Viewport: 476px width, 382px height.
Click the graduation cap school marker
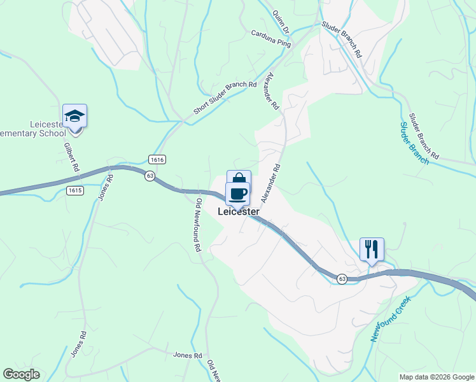coord(74,117)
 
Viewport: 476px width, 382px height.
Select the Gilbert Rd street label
coord(71,156)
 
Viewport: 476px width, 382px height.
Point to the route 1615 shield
coord(74,190)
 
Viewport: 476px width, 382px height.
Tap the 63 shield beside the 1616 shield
coord(150,176)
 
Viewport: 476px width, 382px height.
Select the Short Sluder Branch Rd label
coord(225,98)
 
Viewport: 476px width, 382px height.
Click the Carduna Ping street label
coord(270,39)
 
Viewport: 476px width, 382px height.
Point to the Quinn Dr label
coord(281,21)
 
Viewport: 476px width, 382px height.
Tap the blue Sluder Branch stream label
coord(414,143)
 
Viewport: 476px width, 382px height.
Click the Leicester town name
coord(239,211)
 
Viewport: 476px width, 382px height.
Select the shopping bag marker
coord(239,179)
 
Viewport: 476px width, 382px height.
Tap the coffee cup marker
coord(238,194)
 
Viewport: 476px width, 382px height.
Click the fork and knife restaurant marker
coord(372,248)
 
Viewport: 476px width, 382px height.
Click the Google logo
coord(21,374)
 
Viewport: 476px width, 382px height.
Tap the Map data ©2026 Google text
coord(437,377)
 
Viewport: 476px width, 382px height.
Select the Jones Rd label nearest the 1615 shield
coord(106,185)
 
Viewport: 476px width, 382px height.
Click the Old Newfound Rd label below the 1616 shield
coord(198,225)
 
